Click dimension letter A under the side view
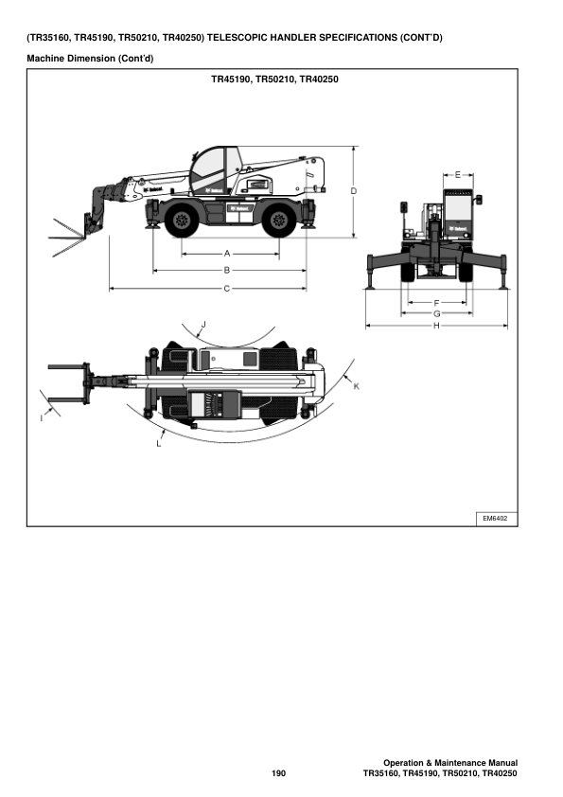pos(228,254)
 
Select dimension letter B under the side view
pos(228,271)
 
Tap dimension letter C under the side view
pos(227,288)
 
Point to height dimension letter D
pos(353,191)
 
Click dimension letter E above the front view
pos(458,175)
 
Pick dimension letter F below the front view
pos(436,302)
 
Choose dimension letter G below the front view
pos(436,313)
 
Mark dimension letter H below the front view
pos(436,326)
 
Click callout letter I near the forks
pos(42,417)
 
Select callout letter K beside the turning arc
pos(356,386)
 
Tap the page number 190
pos(278,774)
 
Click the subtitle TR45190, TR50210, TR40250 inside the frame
pos(274,80)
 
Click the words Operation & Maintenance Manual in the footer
pos(449,762)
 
